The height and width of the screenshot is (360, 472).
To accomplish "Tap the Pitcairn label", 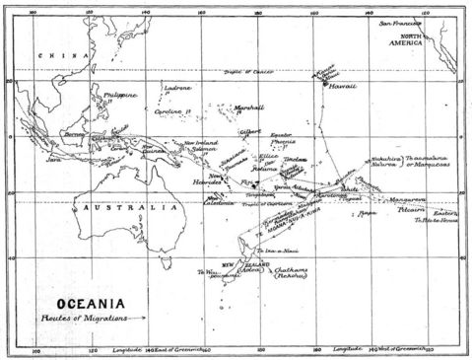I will click(x=417, y=209).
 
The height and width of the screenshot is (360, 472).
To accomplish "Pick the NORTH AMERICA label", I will click(x=432, y=41).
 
